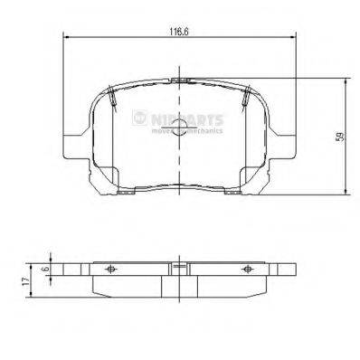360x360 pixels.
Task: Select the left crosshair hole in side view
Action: click(x=109, y=269)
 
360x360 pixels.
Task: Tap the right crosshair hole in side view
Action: click(x=250, y=269)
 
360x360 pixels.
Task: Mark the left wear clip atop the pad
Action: click(x=109, y=95)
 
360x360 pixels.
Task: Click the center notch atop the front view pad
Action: click(x=180, y=81)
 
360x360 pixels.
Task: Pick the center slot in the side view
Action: click(x=180, y=269)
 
